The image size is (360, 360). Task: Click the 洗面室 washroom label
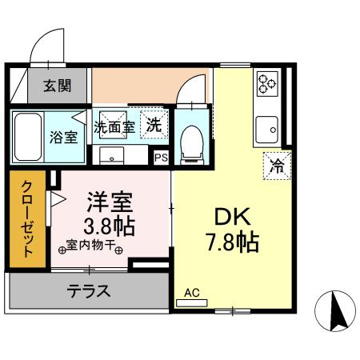[115, 126]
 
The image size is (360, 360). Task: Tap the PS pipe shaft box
[162, 158]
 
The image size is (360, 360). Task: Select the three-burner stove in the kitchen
[266, 83]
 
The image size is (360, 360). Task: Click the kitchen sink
[266, 126]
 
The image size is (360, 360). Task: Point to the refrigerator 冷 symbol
[277, 167]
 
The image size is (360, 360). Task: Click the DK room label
[231, 216]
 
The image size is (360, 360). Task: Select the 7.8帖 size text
[231, 242]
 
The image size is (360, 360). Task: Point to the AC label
[192, 294]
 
